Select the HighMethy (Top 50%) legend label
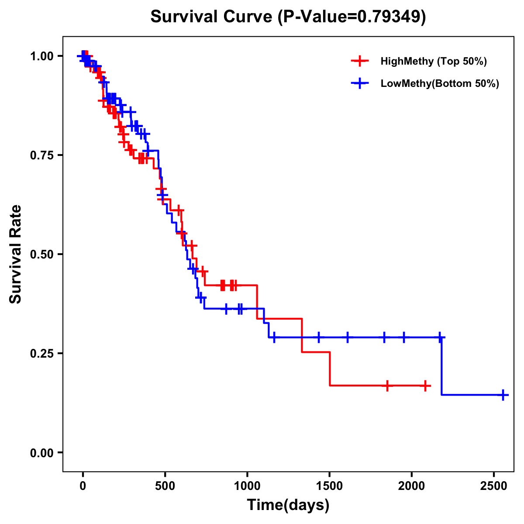pos(433,61)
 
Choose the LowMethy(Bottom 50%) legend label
pos(440,84)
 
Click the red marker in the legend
pos(360,61)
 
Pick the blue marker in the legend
pos(360,84)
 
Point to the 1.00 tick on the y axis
pos(41,56)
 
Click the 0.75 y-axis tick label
pos(41,155)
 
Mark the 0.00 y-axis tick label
pos(41,453)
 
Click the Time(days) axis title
pos(288,505)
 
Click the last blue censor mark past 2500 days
pos(503,395)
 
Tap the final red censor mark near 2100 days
pos(425,386)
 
